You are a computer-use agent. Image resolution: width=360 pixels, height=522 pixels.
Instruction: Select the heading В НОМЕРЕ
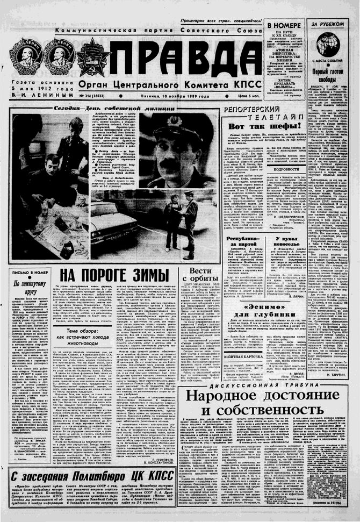(285, 25)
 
